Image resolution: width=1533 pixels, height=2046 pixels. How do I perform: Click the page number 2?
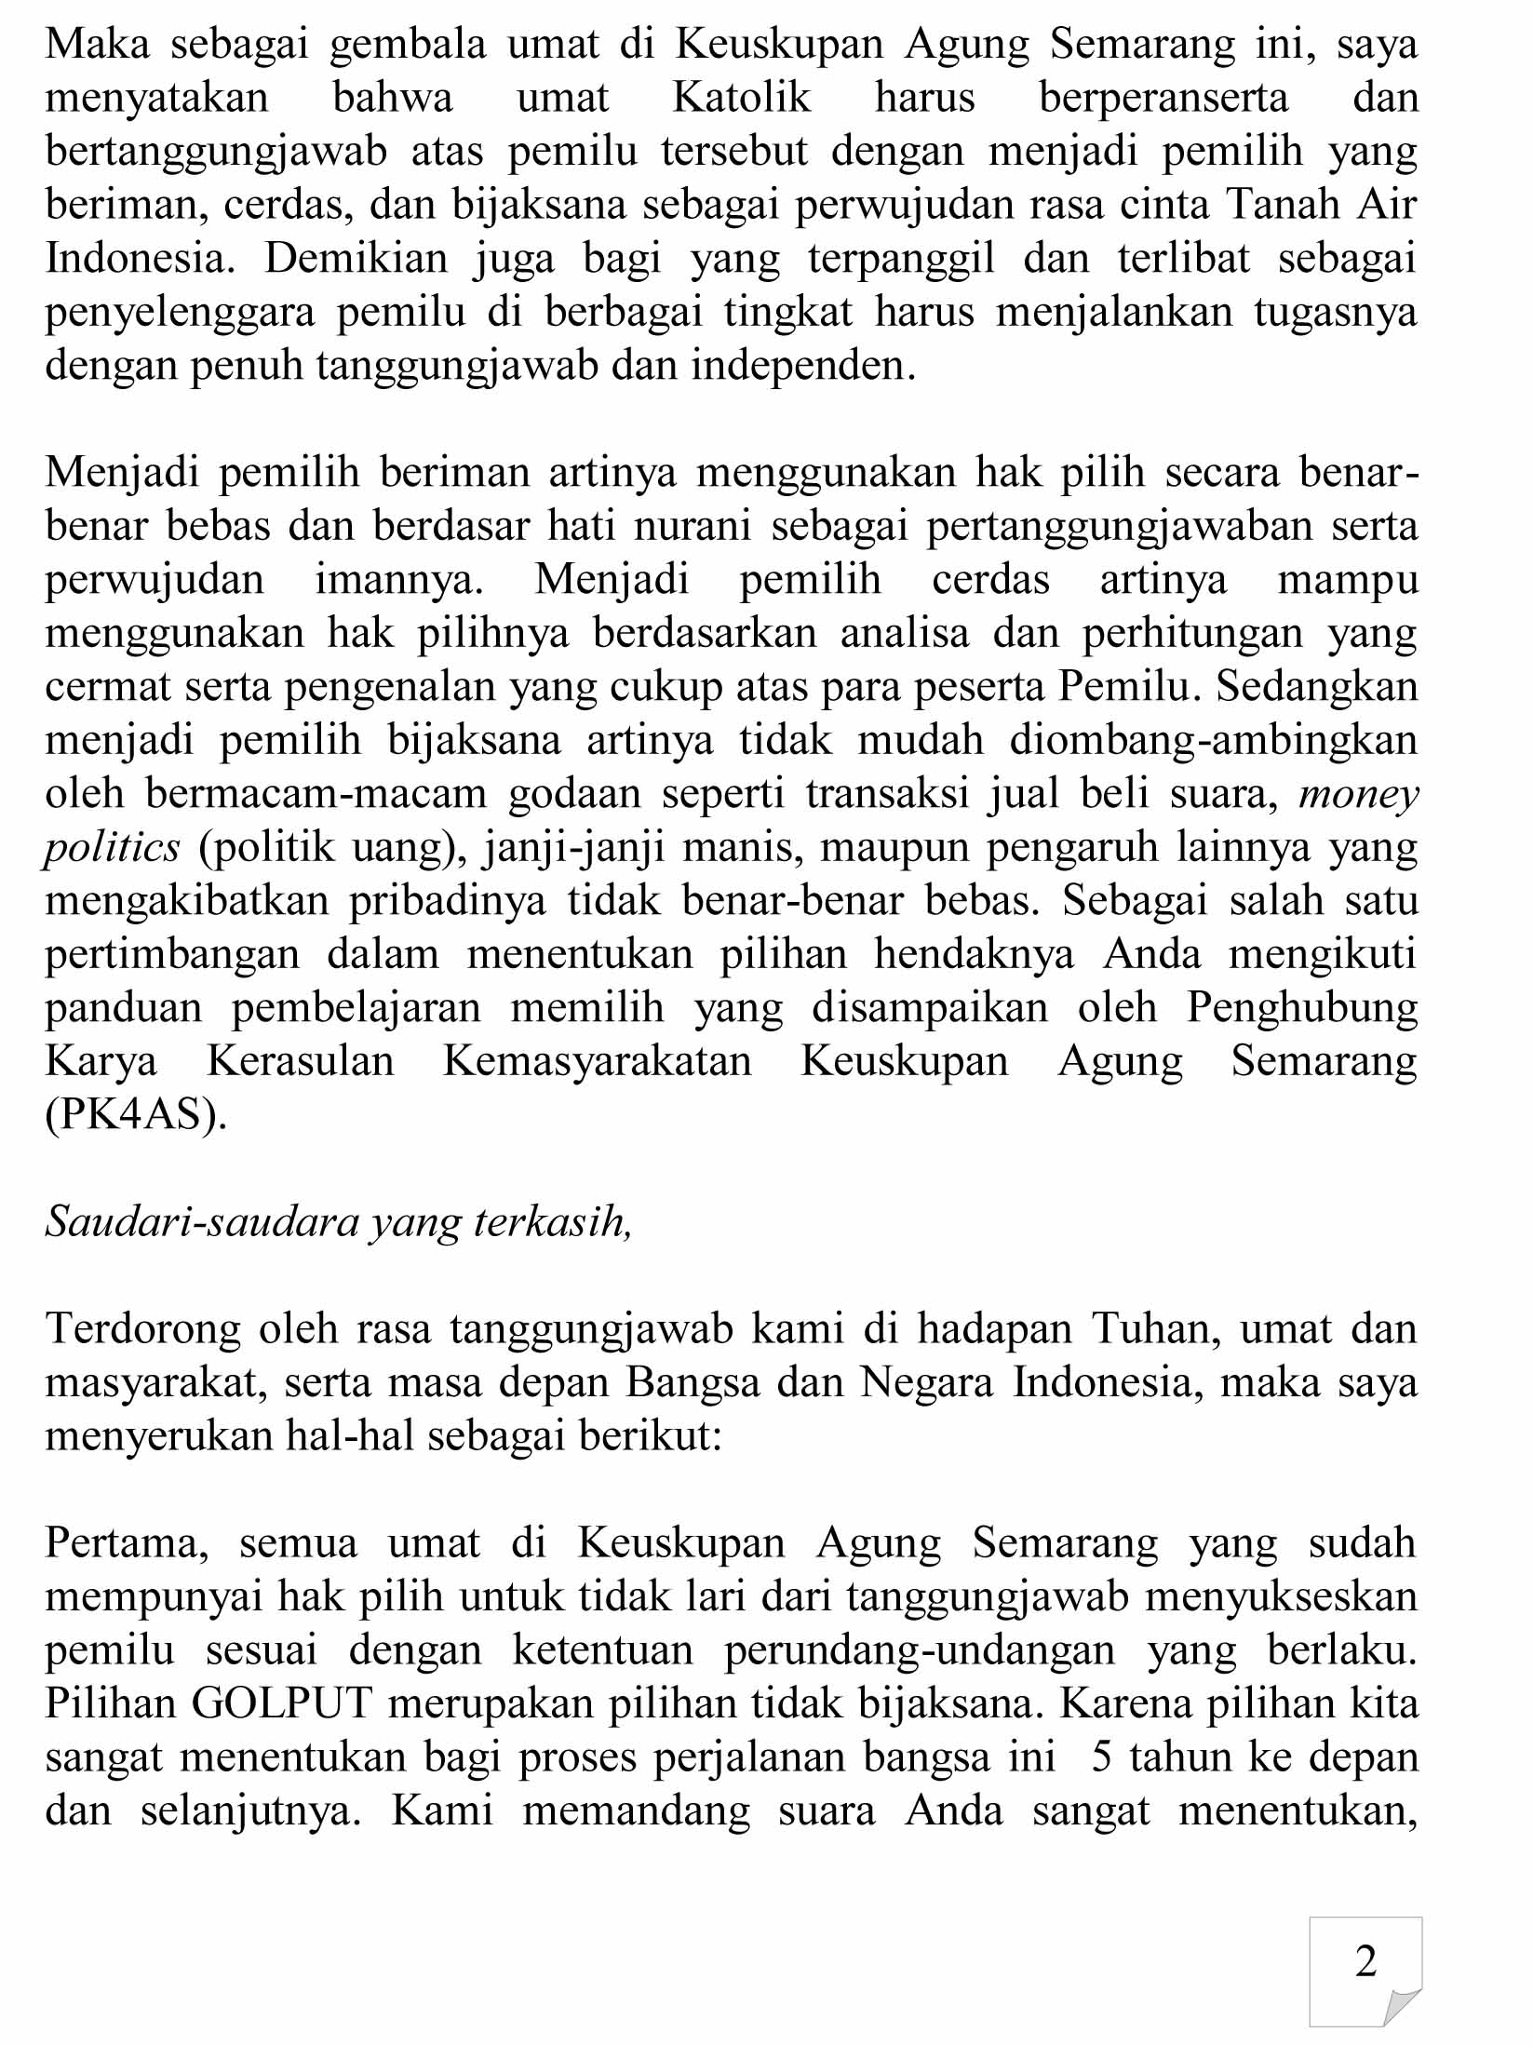pyautogui.click(x=1366, y=1961)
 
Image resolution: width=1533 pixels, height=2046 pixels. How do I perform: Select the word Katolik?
pyautogui.click(x=742, y=98)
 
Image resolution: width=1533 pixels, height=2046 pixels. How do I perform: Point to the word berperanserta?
pyautogui.click(x=1163, y=98)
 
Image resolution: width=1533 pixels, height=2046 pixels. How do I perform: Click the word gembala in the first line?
pyautogui.click(x=408, y=44)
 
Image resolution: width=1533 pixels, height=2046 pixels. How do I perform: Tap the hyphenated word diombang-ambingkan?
pyautogui.click(x=1214, y=741)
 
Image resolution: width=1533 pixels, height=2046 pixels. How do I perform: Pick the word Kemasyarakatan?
pyautogui.click(x=597, y=1062)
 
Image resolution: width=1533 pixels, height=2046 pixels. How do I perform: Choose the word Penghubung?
pyautogui.click(x=1301, y=1008)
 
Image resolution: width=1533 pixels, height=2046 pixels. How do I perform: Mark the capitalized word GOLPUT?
pyautogui.click(x=282, y=1705)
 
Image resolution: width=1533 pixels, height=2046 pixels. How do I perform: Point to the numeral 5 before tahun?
pyautogui.click(x=1102, y=1758)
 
